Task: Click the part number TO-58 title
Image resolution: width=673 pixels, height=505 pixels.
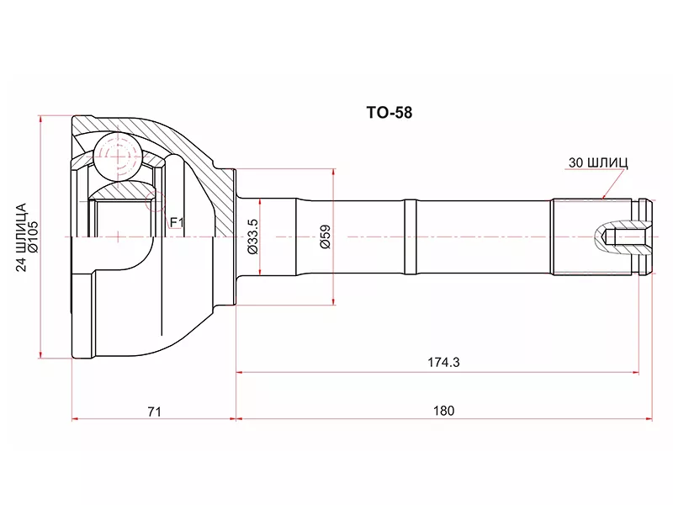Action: (389, 113)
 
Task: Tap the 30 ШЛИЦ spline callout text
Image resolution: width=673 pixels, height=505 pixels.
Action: (598, 162)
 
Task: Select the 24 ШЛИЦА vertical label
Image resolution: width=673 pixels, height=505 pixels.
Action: (21, 237)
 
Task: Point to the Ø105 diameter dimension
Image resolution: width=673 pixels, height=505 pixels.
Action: (34, 237)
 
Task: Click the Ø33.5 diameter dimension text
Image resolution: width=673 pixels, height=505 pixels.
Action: (253, 237)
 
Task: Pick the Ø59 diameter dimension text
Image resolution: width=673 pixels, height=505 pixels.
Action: (326, 237)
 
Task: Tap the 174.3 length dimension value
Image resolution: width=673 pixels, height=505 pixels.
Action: (443, 363)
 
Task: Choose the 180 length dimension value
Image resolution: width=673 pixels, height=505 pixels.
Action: (443, 411)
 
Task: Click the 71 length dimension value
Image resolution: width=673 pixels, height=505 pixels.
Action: (154, 412)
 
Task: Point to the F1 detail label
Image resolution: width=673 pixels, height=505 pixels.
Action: (177, 222)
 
